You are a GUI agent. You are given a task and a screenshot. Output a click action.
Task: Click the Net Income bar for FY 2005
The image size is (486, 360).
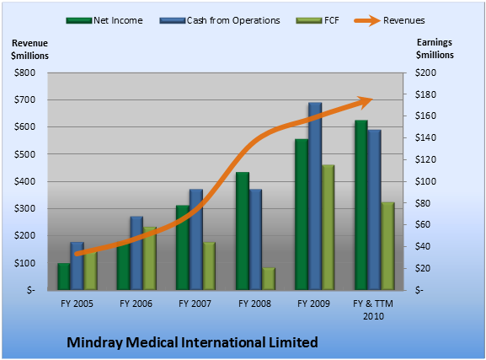(64, 277)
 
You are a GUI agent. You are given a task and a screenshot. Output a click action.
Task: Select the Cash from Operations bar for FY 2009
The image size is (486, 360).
(315, 196)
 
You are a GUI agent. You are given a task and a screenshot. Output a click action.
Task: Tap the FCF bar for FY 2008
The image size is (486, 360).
(269, 279)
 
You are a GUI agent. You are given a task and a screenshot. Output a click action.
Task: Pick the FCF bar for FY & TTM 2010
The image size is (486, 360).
(387, 246)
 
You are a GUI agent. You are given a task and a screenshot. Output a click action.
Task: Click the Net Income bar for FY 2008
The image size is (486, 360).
(243, 231)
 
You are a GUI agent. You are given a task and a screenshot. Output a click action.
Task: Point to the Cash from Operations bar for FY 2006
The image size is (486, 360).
(136, 253)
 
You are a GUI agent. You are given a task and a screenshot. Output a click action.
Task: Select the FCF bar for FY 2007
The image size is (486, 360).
(209, 266)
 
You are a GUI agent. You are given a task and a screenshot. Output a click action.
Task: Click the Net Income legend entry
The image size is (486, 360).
(104, 20)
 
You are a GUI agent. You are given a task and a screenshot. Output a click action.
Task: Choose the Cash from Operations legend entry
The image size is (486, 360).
(220, 20)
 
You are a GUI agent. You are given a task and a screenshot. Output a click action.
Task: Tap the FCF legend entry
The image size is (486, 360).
(318, 20)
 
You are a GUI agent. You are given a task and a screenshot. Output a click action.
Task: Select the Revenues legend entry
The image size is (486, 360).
(389, 20)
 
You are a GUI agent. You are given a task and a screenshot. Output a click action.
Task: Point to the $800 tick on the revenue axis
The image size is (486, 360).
(24, 73)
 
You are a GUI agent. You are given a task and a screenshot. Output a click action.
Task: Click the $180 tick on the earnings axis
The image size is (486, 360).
(425, 94)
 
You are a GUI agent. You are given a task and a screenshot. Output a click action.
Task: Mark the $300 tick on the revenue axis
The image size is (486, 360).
(24, 208)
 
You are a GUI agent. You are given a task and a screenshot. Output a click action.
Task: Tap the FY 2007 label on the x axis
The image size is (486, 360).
(195, 304)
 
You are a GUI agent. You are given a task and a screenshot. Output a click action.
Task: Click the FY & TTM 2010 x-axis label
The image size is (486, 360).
(373, 309)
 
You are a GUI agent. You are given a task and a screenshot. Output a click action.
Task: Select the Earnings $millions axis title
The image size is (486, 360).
(435, 48)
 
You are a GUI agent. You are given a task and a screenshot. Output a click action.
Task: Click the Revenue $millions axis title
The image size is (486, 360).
(29, 50)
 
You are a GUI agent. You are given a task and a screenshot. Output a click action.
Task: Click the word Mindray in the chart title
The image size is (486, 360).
(94, 342)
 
